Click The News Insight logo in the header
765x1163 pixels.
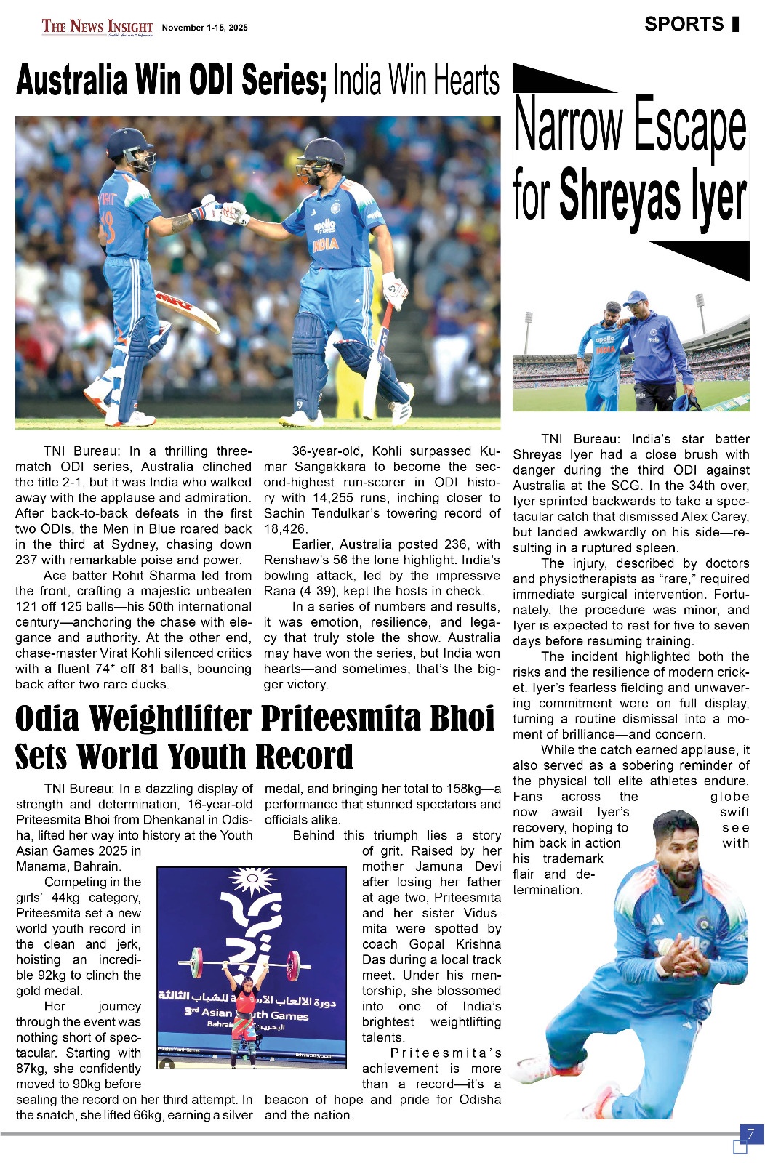(x=97, y=27)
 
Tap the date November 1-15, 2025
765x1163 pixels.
(x=204, y=28)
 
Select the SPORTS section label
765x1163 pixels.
(x=684, y=24)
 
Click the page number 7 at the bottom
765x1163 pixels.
(x=750, y=1134)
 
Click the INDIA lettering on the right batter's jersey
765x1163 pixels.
(x=325, y=244)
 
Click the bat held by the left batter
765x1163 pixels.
(x=187, y=310)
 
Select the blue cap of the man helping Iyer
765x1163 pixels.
(x=636, y=298)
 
